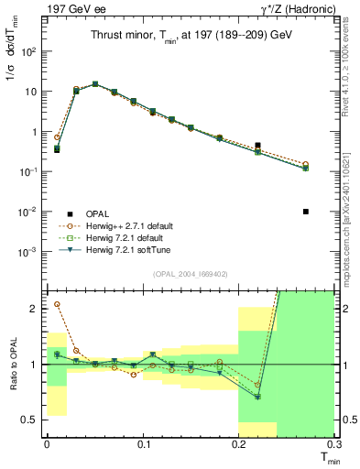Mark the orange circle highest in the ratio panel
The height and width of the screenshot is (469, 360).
[x=57, y=304]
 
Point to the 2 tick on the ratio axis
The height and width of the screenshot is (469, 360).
[x=34, y=309]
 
